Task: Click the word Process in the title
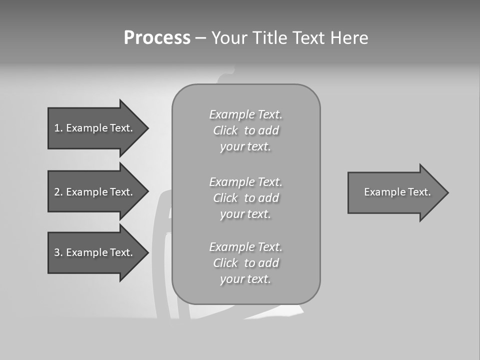tap(157, 38)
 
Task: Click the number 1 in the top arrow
tap(57, 128)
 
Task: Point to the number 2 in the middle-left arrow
tap(57, 192)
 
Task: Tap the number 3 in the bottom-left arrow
tap(57, 252)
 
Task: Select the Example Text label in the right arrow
tap(397, 192)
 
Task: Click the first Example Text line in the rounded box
tap(245, 114)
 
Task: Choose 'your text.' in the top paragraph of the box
tap(245, 147)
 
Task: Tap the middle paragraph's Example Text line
tap(245, 182)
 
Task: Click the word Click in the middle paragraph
tap(225, 198)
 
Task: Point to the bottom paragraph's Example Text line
tap(245, 247)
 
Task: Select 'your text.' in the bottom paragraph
tap(245, 279)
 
